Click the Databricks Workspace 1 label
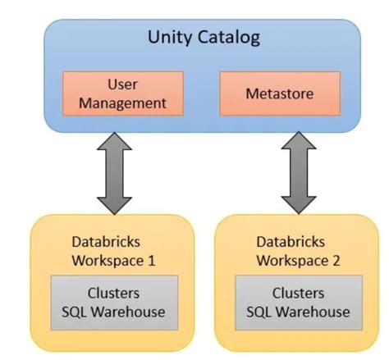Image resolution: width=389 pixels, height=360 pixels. [114, 251]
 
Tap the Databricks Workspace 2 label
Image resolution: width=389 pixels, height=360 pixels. [299, 251]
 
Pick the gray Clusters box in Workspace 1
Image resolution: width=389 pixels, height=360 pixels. [114, 303]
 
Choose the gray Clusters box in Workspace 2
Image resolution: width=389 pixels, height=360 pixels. [299, 303]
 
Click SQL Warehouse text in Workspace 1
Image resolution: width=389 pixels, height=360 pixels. [114, 312]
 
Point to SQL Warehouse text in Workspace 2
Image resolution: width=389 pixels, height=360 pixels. [299, 312]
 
